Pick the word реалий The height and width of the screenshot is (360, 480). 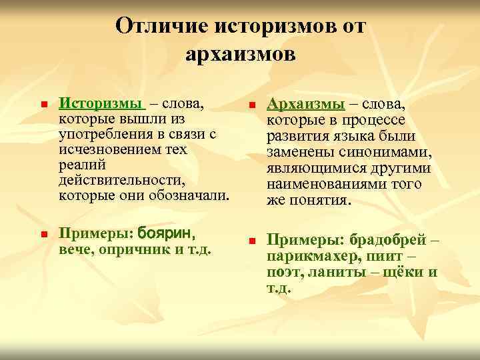tap(78, 165)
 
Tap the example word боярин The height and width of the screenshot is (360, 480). tap(165, 234)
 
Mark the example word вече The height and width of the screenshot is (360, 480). tap(75, 249)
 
